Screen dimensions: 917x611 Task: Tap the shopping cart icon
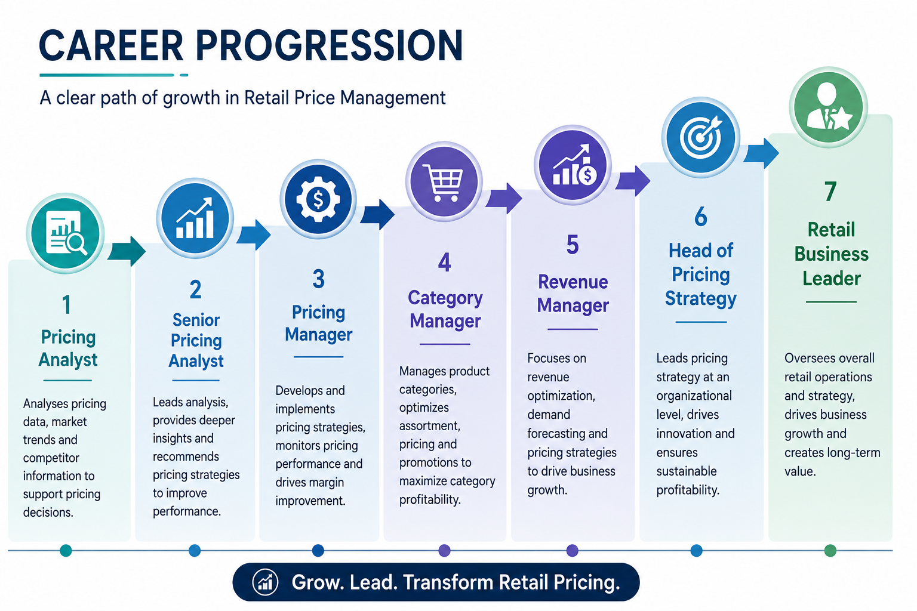click(444, 182)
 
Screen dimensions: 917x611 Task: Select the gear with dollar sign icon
click(318, 199)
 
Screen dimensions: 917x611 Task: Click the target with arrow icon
click(700, 137)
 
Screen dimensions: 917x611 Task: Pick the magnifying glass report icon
click(66, 233)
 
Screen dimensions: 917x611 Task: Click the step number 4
click(445, 263)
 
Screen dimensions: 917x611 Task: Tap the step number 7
click(830, 191)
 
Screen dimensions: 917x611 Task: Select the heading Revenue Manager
click(573, 294)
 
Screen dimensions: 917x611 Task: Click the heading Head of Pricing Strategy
click(700, 274)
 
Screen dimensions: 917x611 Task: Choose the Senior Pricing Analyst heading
click(196, 341)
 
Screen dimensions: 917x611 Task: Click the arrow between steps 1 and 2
click(127, 251)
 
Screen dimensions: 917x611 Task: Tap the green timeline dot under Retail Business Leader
click(830, 550)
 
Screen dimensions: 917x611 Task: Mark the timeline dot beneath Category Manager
click(444, 550)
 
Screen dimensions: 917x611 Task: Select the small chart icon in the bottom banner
click(265, 582)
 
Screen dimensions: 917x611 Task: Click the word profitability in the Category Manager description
click(430, 499)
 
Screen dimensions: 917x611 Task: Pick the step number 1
click(66, 305)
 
